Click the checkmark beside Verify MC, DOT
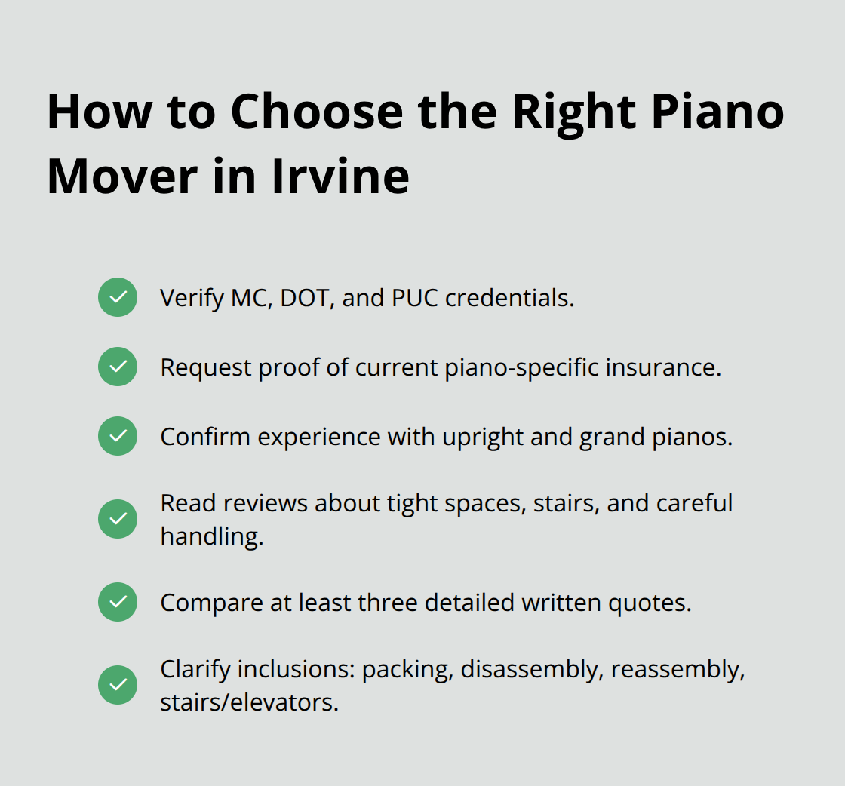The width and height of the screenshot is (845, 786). point(118,297)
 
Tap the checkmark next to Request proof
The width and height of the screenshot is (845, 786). point(118,367)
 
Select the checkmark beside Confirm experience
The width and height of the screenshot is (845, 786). point(118,436)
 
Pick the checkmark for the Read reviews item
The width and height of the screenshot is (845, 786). point(118,519)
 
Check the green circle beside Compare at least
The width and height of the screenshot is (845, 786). point(118,602)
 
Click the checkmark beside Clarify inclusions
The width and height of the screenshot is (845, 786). point(118,685)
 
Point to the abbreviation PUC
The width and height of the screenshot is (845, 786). point(414,298)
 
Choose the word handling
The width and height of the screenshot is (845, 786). point(211,536)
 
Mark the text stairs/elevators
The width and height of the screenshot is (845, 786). point(249,702)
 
